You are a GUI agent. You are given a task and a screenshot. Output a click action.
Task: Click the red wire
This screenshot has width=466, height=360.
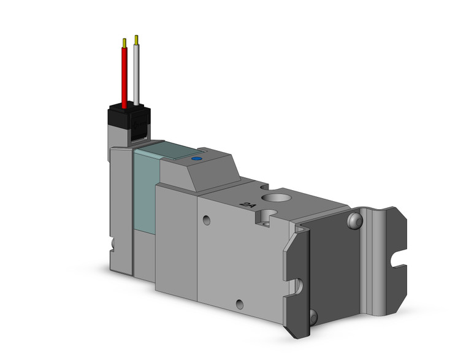point(125,77)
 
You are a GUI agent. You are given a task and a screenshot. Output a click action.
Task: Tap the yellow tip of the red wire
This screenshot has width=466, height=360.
point(125,42)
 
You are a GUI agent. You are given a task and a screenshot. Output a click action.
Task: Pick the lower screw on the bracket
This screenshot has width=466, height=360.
point(313,316)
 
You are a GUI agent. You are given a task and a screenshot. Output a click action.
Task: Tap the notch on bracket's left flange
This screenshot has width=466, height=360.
point(297,285)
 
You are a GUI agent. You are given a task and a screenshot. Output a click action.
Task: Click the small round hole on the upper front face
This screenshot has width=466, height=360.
point(207,220)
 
